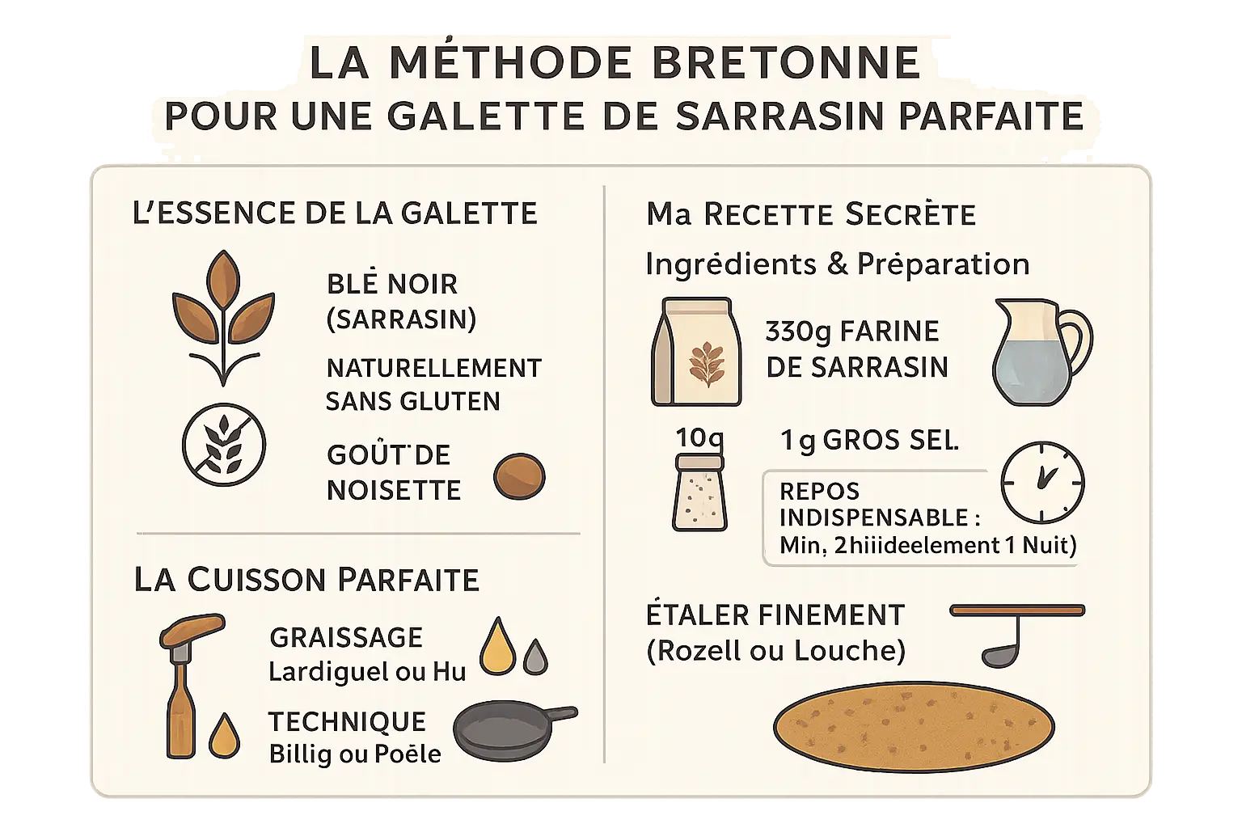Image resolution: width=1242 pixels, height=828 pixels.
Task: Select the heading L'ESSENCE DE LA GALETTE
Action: coord(335,213)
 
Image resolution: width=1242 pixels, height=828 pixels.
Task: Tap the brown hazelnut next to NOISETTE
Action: coord(519,476)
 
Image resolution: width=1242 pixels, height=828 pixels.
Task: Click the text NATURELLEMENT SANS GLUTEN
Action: coord(433,384)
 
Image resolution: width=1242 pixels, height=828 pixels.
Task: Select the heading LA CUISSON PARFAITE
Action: coord(306,580)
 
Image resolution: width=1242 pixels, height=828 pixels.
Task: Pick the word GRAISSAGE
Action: coord(346,637)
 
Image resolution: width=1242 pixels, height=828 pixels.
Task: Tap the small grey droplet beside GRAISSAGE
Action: coord(534,657)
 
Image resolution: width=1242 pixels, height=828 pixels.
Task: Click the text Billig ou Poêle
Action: coord(355,754)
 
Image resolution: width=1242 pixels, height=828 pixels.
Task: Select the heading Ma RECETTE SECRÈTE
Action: coord(811,214)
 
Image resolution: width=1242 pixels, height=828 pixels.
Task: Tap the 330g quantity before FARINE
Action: coord(799,332)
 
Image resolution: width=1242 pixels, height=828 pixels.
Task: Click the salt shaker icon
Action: coord(699,492)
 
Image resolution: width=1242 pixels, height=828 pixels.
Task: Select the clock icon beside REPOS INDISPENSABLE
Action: coord(1042,482)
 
